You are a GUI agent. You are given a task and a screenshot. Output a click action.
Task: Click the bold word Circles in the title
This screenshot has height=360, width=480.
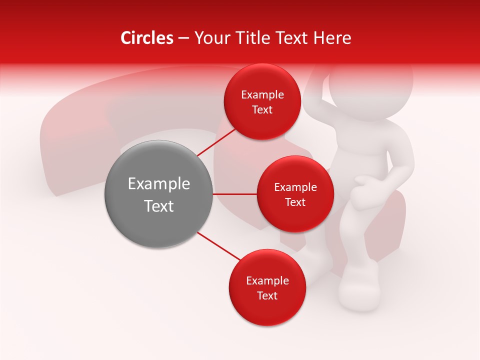click(x=146, y=38)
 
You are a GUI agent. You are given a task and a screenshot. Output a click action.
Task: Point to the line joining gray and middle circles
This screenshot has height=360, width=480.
click(x=234, y=194)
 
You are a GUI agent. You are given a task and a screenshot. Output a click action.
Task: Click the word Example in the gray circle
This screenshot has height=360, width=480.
click(x=158, y=184)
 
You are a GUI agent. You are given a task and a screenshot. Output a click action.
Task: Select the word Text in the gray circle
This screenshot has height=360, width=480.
click(x=158, y=206)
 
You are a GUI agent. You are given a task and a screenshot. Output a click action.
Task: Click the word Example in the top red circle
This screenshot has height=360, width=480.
click(x=262, y=95)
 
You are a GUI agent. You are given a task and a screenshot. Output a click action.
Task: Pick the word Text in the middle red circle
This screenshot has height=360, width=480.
click(x=295, y=202)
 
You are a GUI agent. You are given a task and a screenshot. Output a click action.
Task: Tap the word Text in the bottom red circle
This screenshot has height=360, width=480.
click(x=267, y=296)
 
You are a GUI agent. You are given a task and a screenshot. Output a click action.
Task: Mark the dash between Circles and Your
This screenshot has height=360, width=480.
click(x=183, y=38)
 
